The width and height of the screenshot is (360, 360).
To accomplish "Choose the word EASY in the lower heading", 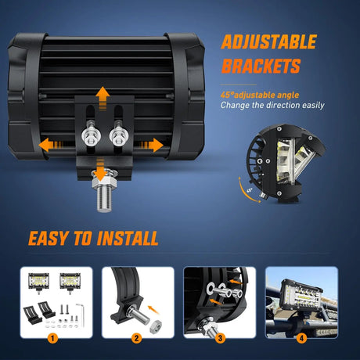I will click(51, 238).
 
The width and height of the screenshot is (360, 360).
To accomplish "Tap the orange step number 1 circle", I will click(52, 339).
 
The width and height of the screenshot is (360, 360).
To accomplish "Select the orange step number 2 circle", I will click(136, 339).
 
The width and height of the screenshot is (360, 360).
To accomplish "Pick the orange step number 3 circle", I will click(221, 339).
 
